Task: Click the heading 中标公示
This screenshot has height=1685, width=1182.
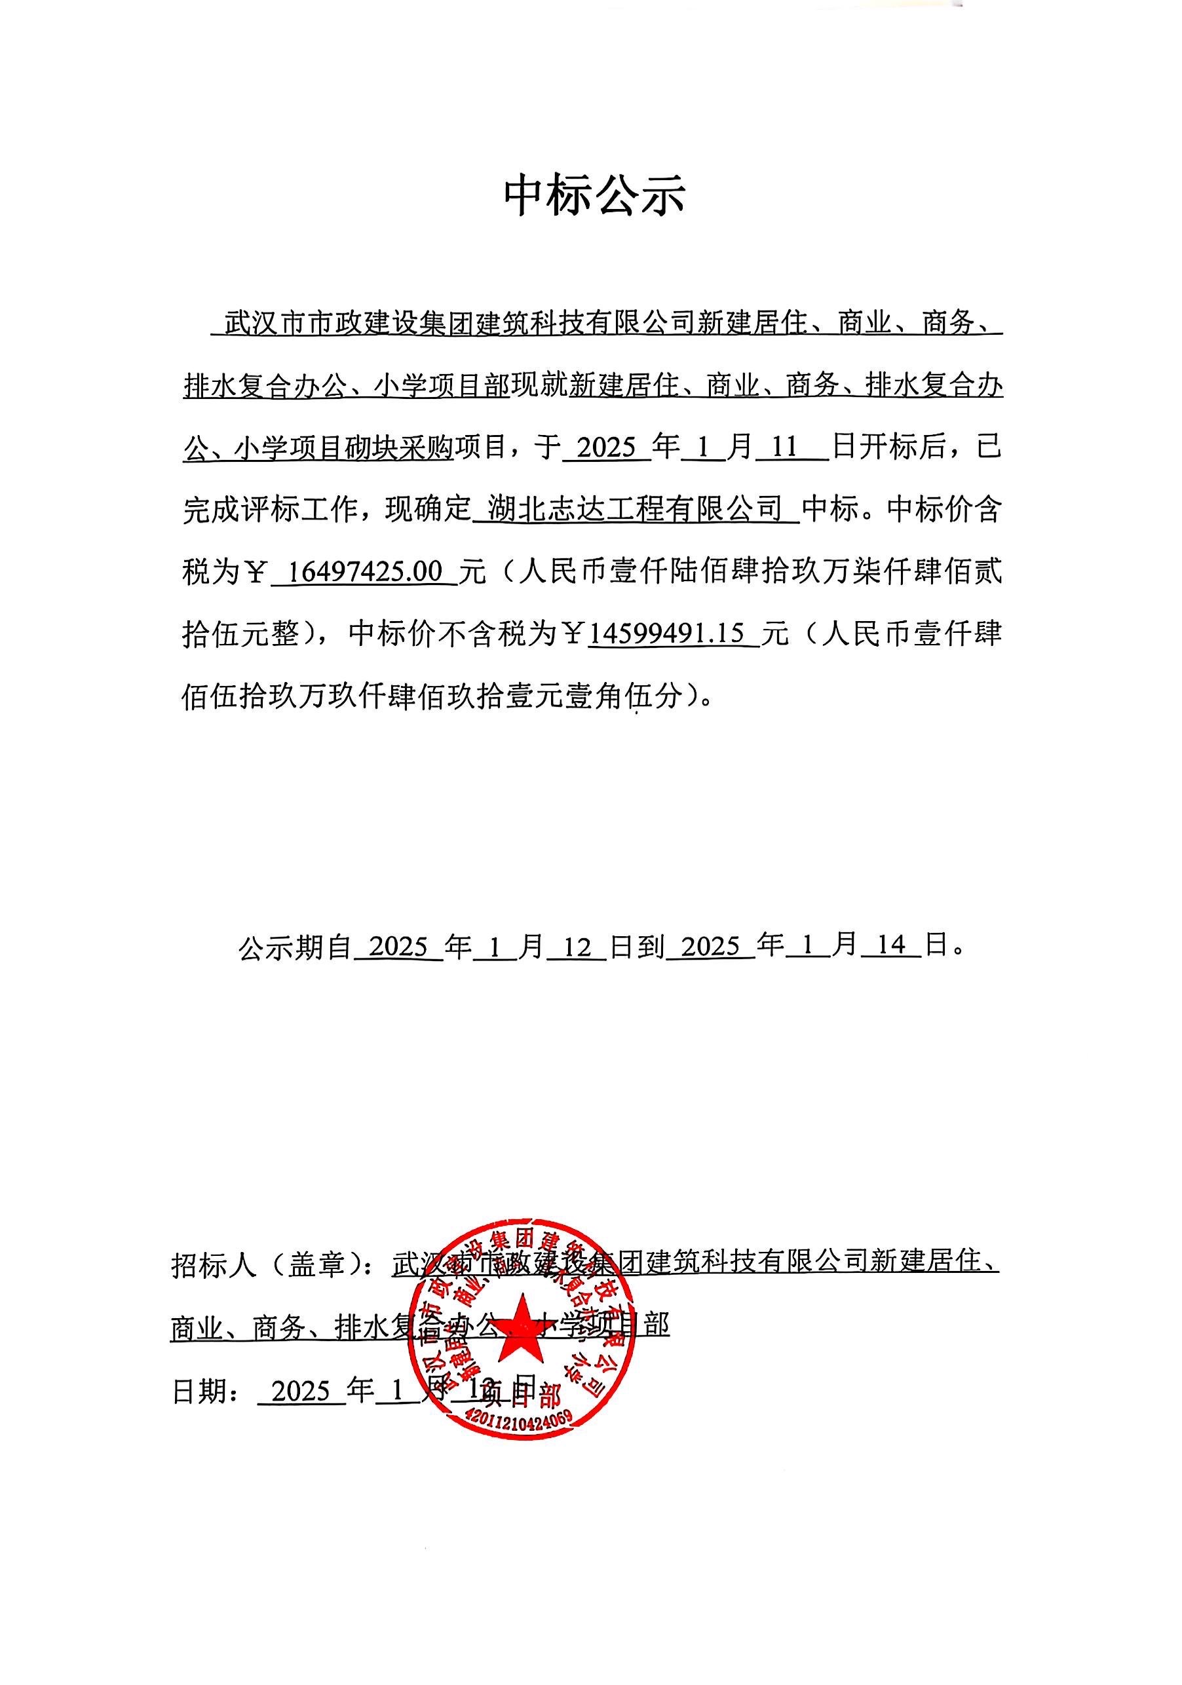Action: point(593,196)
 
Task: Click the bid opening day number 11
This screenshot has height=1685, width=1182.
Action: point(784,447)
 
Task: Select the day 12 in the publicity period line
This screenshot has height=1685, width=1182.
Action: point(577,947)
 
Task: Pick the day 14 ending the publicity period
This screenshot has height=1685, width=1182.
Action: point(890,946)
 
